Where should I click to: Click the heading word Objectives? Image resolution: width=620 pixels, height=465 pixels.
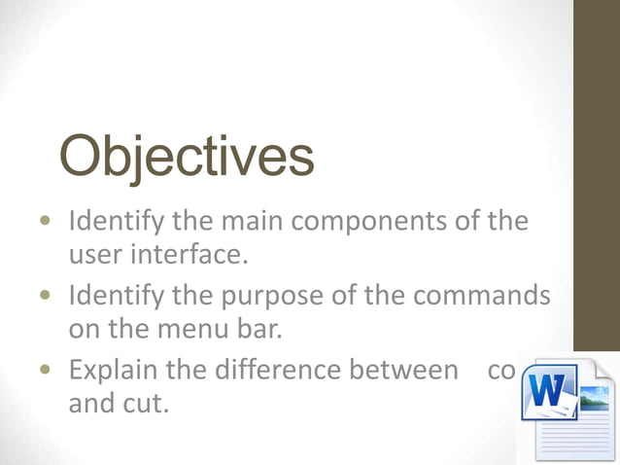(x=188, y=157)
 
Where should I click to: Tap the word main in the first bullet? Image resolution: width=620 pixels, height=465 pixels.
(x=258, y=222)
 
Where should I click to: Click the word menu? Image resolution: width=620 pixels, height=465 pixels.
(x=190, y=328)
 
